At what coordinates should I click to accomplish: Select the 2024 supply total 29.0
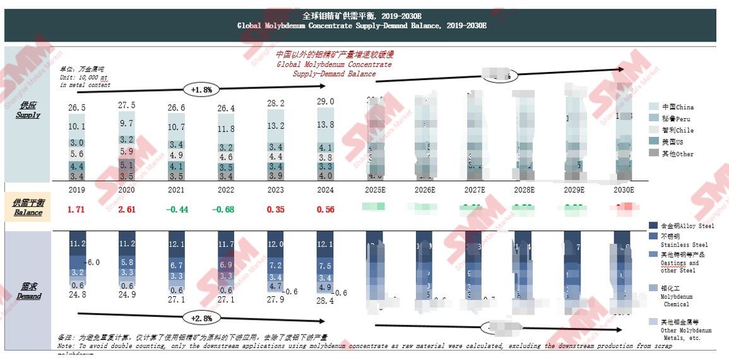(x=325, y=102)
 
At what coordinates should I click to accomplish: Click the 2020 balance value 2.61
(x=127, y=210)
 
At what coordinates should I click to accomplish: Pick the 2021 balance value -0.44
(x=176, y=210)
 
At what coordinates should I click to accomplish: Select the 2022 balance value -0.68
(x=226, y=210)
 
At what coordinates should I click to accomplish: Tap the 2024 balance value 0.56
(x=325, y=210)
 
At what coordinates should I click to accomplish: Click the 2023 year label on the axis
(x=276, y=189)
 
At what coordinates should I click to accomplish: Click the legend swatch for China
(x=654, y=107)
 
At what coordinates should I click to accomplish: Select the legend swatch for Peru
(x=654, y=119)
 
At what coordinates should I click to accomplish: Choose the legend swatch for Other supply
(x=654, y=153)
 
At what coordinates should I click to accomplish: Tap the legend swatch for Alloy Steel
(x=654, y=225)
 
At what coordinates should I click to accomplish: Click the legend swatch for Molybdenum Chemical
(x=654, y=288)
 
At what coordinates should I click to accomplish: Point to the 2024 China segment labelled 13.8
(x=325, y=125)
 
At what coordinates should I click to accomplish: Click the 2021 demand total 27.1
(x=176, y=299)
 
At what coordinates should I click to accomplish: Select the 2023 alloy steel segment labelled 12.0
(x=276, y=244)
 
